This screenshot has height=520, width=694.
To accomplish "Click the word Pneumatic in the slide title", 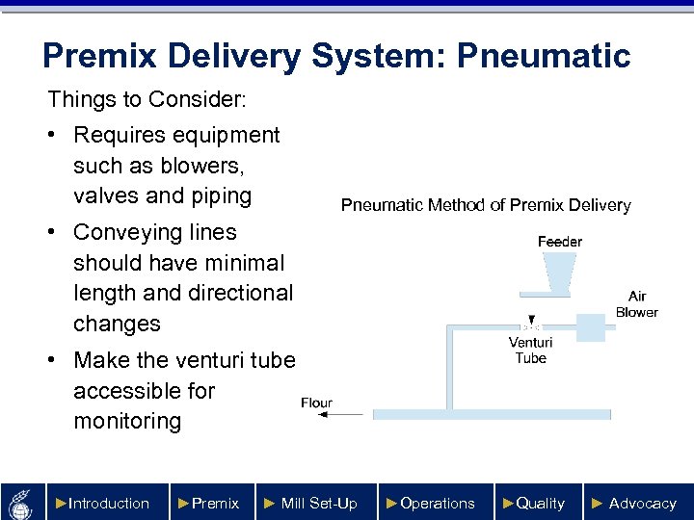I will pyautogui.click(x=544, y=56).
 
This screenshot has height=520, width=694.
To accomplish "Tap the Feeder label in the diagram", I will pyautogui.click(x=559, y=242).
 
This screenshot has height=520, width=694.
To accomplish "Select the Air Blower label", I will pyautogui.click(x=636, y=304).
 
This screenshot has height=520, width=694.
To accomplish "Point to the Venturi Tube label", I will pyautogui.click(x=530, y=350).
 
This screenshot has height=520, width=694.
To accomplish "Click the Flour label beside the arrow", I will pyautogui.click(x=316, y=403).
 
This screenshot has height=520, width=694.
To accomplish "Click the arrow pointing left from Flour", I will pyautogui.click(x=341, y=414).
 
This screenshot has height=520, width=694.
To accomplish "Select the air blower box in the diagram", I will pyautogui.click(x=589, y=326).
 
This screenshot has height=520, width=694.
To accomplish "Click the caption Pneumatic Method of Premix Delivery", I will pyautogui.click(x=486, y=205).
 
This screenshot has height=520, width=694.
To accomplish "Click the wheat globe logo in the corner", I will pyautogui.click(x=22, y=502).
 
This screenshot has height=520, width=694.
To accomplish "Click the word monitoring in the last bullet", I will pyautogui.click(x=127, y=421).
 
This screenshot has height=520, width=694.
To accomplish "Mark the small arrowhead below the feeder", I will pyautogui.click(x=529, y=320).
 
